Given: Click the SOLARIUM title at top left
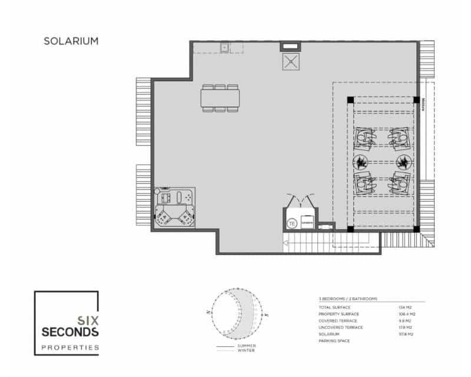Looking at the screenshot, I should (x=71, y=41).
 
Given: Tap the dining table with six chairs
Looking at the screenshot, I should (x=221, y=98).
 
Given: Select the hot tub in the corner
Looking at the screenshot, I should (x=174, y=209).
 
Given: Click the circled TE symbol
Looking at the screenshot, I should (x=291, y=223).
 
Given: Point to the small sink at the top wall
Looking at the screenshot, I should (x=224, y=47).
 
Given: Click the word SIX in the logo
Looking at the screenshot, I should (x=88, y=320).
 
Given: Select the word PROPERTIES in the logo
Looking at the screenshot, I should (x=70, y=348).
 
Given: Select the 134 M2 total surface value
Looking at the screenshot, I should (x=404, y=307).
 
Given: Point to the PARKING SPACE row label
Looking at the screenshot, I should (x=334, y=341).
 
